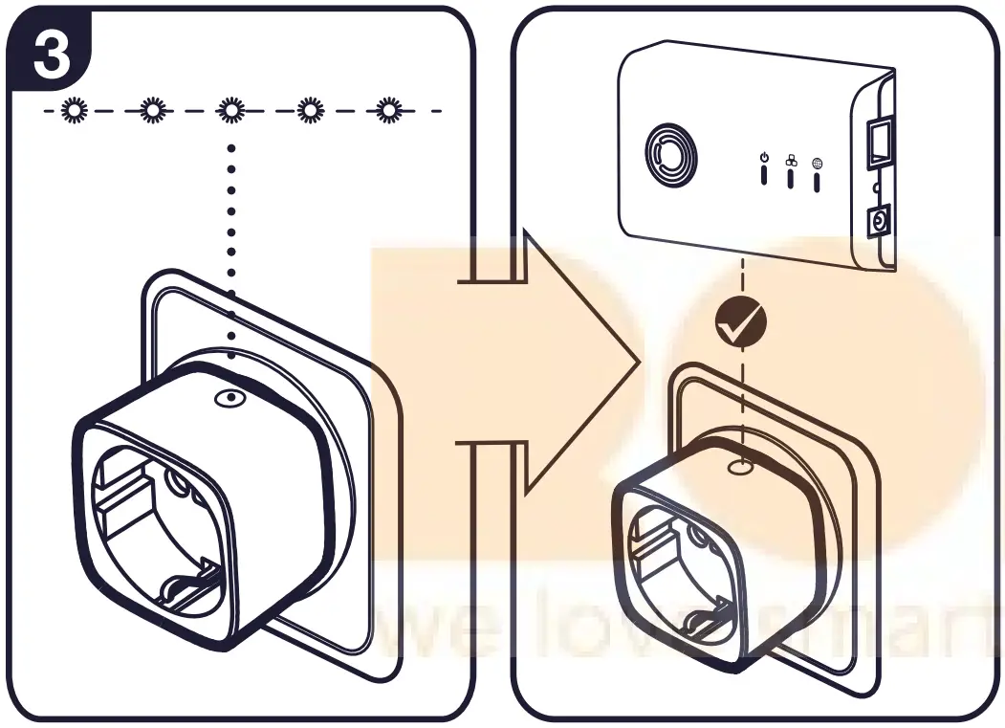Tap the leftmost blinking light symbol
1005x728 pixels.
pos(72,111)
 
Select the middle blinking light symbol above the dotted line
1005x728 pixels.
pos(229,111)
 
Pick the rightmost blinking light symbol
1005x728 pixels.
pos(387,111)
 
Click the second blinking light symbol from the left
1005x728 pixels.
pos(151,111)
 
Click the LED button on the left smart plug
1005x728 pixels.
pos(229,399)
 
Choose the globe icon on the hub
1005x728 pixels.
pos(817,163)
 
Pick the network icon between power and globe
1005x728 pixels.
pos(790,161)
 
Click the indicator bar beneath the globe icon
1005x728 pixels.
pos(817,182)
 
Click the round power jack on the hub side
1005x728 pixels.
pos(874,224)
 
